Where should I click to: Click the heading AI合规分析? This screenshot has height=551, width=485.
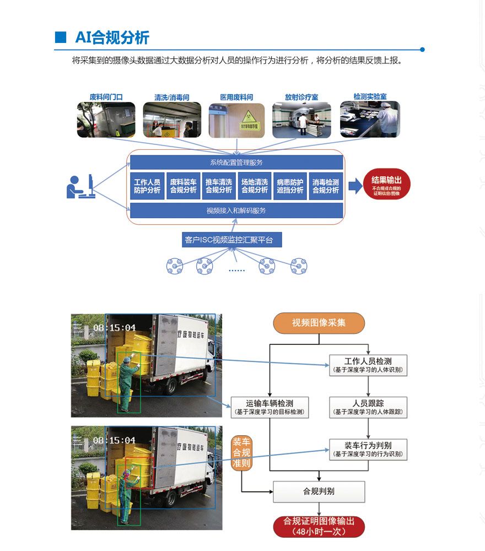(112, 37)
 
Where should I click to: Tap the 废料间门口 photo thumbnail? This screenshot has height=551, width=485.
(106, 120)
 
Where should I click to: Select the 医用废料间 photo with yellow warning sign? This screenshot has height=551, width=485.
(236, 120)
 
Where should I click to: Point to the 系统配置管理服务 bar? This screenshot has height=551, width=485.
(236, 163)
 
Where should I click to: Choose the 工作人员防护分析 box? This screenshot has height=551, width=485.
(147, 186)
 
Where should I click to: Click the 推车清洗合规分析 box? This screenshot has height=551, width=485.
(219, 186)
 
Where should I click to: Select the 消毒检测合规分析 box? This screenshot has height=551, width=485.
(326, 186)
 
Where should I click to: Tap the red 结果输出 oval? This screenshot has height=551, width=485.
(386, 186)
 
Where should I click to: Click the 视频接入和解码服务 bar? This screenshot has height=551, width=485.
(236, 210)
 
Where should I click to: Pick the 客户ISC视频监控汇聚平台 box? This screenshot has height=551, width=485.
(236, 240)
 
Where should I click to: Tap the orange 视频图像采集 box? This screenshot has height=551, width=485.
(319, 323)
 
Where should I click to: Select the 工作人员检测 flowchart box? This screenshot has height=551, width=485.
(368, 365)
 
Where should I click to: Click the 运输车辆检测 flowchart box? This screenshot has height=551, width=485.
(270, 407)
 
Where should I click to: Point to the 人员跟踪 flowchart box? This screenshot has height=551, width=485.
(368, 407)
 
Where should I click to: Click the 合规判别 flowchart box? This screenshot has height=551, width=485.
(319, 491)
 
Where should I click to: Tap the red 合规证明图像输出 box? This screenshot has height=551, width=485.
(319, 526)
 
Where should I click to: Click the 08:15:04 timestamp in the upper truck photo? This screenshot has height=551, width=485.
(114, 328)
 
